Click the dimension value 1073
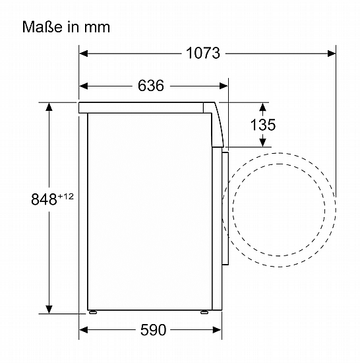pyautogui.click(x=203, y=53)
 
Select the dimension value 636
pyautogui.click(x=151, y=86)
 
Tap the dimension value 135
pyautogui.click(x=263, y=125)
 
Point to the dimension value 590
pyautogui.click(x=153, y=329)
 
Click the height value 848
pyautogui.click(x=44, y=199)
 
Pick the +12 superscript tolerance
pyautogui.click(x=66, y=197)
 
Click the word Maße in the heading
pyautogui.click(x=42, y=27)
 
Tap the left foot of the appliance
pyautogui.click(x=93, y=312)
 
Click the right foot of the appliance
pyautogui.click(x=204, y=312)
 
